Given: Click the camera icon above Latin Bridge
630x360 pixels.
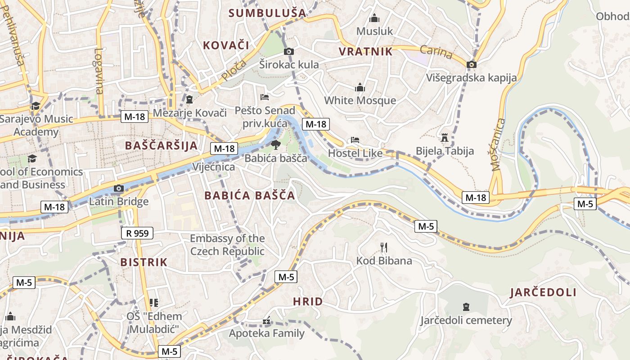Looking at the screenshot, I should (x=119, y=188).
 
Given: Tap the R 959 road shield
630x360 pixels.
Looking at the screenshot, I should (x=137, y=233).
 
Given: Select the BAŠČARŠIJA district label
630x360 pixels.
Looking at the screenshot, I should (x=162, y=145).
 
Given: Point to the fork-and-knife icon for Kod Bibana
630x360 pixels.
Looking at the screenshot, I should (x=384, y=247).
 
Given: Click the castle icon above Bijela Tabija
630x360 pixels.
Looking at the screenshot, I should (x=445, y=137).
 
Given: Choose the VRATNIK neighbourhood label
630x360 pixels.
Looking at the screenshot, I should (x=365, y=51).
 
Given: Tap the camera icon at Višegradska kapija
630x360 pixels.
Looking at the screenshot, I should (x=472, y=64).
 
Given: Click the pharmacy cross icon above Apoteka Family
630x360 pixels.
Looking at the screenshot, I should (x=267, y=321).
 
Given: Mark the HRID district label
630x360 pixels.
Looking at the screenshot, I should (x=308, y=301).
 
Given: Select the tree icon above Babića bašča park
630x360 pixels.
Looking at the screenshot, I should (x=275, y=144).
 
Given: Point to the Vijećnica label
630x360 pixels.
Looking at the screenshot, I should (x=214, y=167).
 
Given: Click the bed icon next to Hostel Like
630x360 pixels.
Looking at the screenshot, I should (x=355, y=140).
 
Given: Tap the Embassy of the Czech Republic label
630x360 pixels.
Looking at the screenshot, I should (x=227, y=244).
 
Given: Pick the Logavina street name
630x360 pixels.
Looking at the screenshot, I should (x=99, y=71).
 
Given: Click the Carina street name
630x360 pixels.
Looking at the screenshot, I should (x=436, y=52).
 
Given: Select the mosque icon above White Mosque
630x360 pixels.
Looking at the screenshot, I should (x=360, y=87).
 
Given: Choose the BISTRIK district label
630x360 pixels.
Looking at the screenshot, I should (x=144, y=262).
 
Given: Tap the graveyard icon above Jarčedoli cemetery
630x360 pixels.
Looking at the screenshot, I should (x=466, y=307).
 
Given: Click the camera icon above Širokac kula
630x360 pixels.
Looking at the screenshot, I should (x=289, y=51).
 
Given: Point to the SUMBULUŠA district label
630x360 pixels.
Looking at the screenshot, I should (x=267, y=13).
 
